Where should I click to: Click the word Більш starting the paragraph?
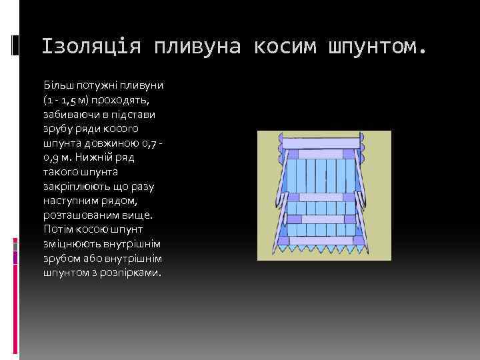click(58, 87)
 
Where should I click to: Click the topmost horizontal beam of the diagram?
click(321, 142)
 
